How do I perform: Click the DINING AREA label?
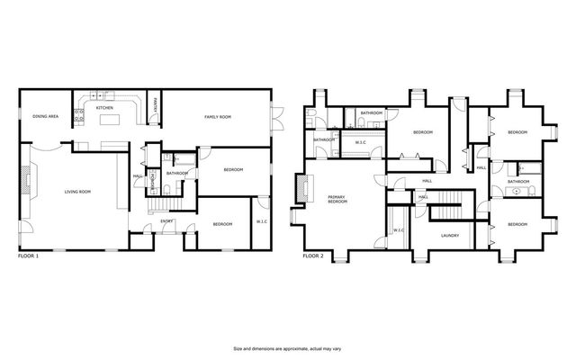(x=45, y=117)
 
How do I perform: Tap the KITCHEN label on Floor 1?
(x=104, y=108)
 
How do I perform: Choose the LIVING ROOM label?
(x=76, y=191)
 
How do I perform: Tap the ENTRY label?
(x=166, y=221)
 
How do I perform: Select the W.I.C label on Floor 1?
(x=262, y=221)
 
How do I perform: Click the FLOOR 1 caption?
(x=30, y=256)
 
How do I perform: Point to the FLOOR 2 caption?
(x=312, y=256)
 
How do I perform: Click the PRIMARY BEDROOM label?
(x=338, y=200)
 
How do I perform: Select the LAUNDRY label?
(x=450, y=236)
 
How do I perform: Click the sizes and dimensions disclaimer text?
(x=287, y=348)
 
